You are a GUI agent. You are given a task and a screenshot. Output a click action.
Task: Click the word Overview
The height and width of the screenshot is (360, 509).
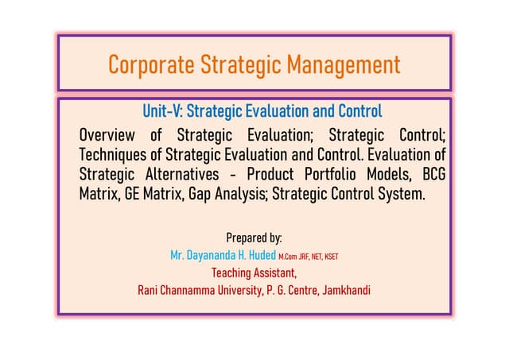point(107,134)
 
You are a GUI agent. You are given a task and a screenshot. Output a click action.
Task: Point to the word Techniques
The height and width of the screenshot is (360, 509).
point(112,153)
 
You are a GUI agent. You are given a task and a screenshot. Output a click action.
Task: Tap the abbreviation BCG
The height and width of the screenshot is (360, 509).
point(429,173)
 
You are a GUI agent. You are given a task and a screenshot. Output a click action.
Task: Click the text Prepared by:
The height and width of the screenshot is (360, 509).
point(254,238)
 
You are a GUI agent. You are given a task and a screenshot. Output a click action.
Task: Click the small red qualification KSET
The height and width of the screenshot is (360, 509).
point(339,256)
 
